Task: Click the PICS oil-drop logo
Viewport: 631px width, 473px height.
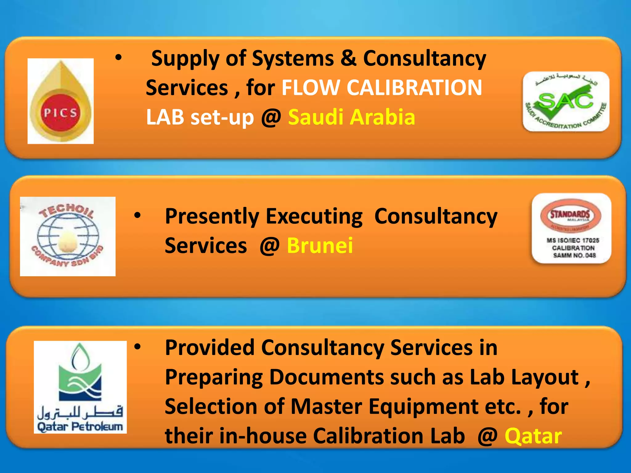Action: [61, 101]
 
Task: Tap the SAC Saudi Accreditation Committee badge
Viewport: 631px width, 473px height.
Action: [566, 102]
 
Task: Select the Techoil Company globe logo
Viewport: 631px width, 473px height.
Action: [68, 236]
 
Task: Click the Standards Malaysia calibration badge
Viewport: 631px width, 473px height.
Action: [572, 228]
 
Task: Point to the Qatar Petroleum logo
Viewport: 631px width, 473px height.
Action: [80, 387]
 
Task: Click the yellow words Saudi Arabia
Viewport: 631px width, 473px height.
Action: [352, 117]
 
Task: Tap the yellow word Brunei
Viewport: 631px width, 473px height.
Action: [320, 245]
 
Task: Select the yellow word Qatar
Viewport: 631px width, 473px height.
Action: [533, 436]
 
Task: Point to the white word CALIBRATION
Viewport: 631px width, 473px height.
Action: [414, 88]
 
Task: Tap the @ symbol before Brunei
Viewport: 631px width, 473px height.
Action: [270, 246]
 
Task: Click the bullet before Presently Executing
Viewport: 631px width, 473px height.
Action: [137, 215]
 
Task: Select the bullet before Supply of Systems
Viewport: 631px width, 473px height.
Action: [118, 57]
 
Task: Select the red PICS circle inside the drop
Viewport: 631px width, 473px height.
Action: [60, 113]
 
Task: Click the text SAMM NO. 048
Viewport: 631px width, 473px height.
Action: [574, 255]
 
